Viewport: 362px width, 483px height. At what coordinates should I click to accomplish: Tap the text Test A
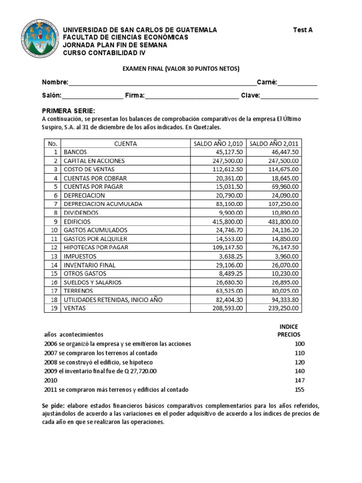click(303, 30)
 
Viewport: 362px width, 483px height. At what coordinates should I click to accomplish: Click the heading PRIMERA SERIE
click(68, 110)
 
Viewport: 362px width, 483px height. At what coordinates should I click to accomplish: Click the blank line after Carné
click(297, 83)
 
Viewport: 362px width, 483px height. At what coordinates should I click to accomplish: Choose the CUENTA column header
click(125, 144)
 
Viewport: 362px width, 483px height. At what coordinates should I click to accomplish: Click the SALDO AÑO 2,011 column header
click(274, 144)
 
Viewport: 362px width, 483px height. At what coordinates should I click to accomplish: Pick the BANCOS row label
click(75, 152)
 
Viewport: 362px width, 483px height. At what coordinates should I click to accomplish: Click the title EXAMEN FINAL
click(181, 69)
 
